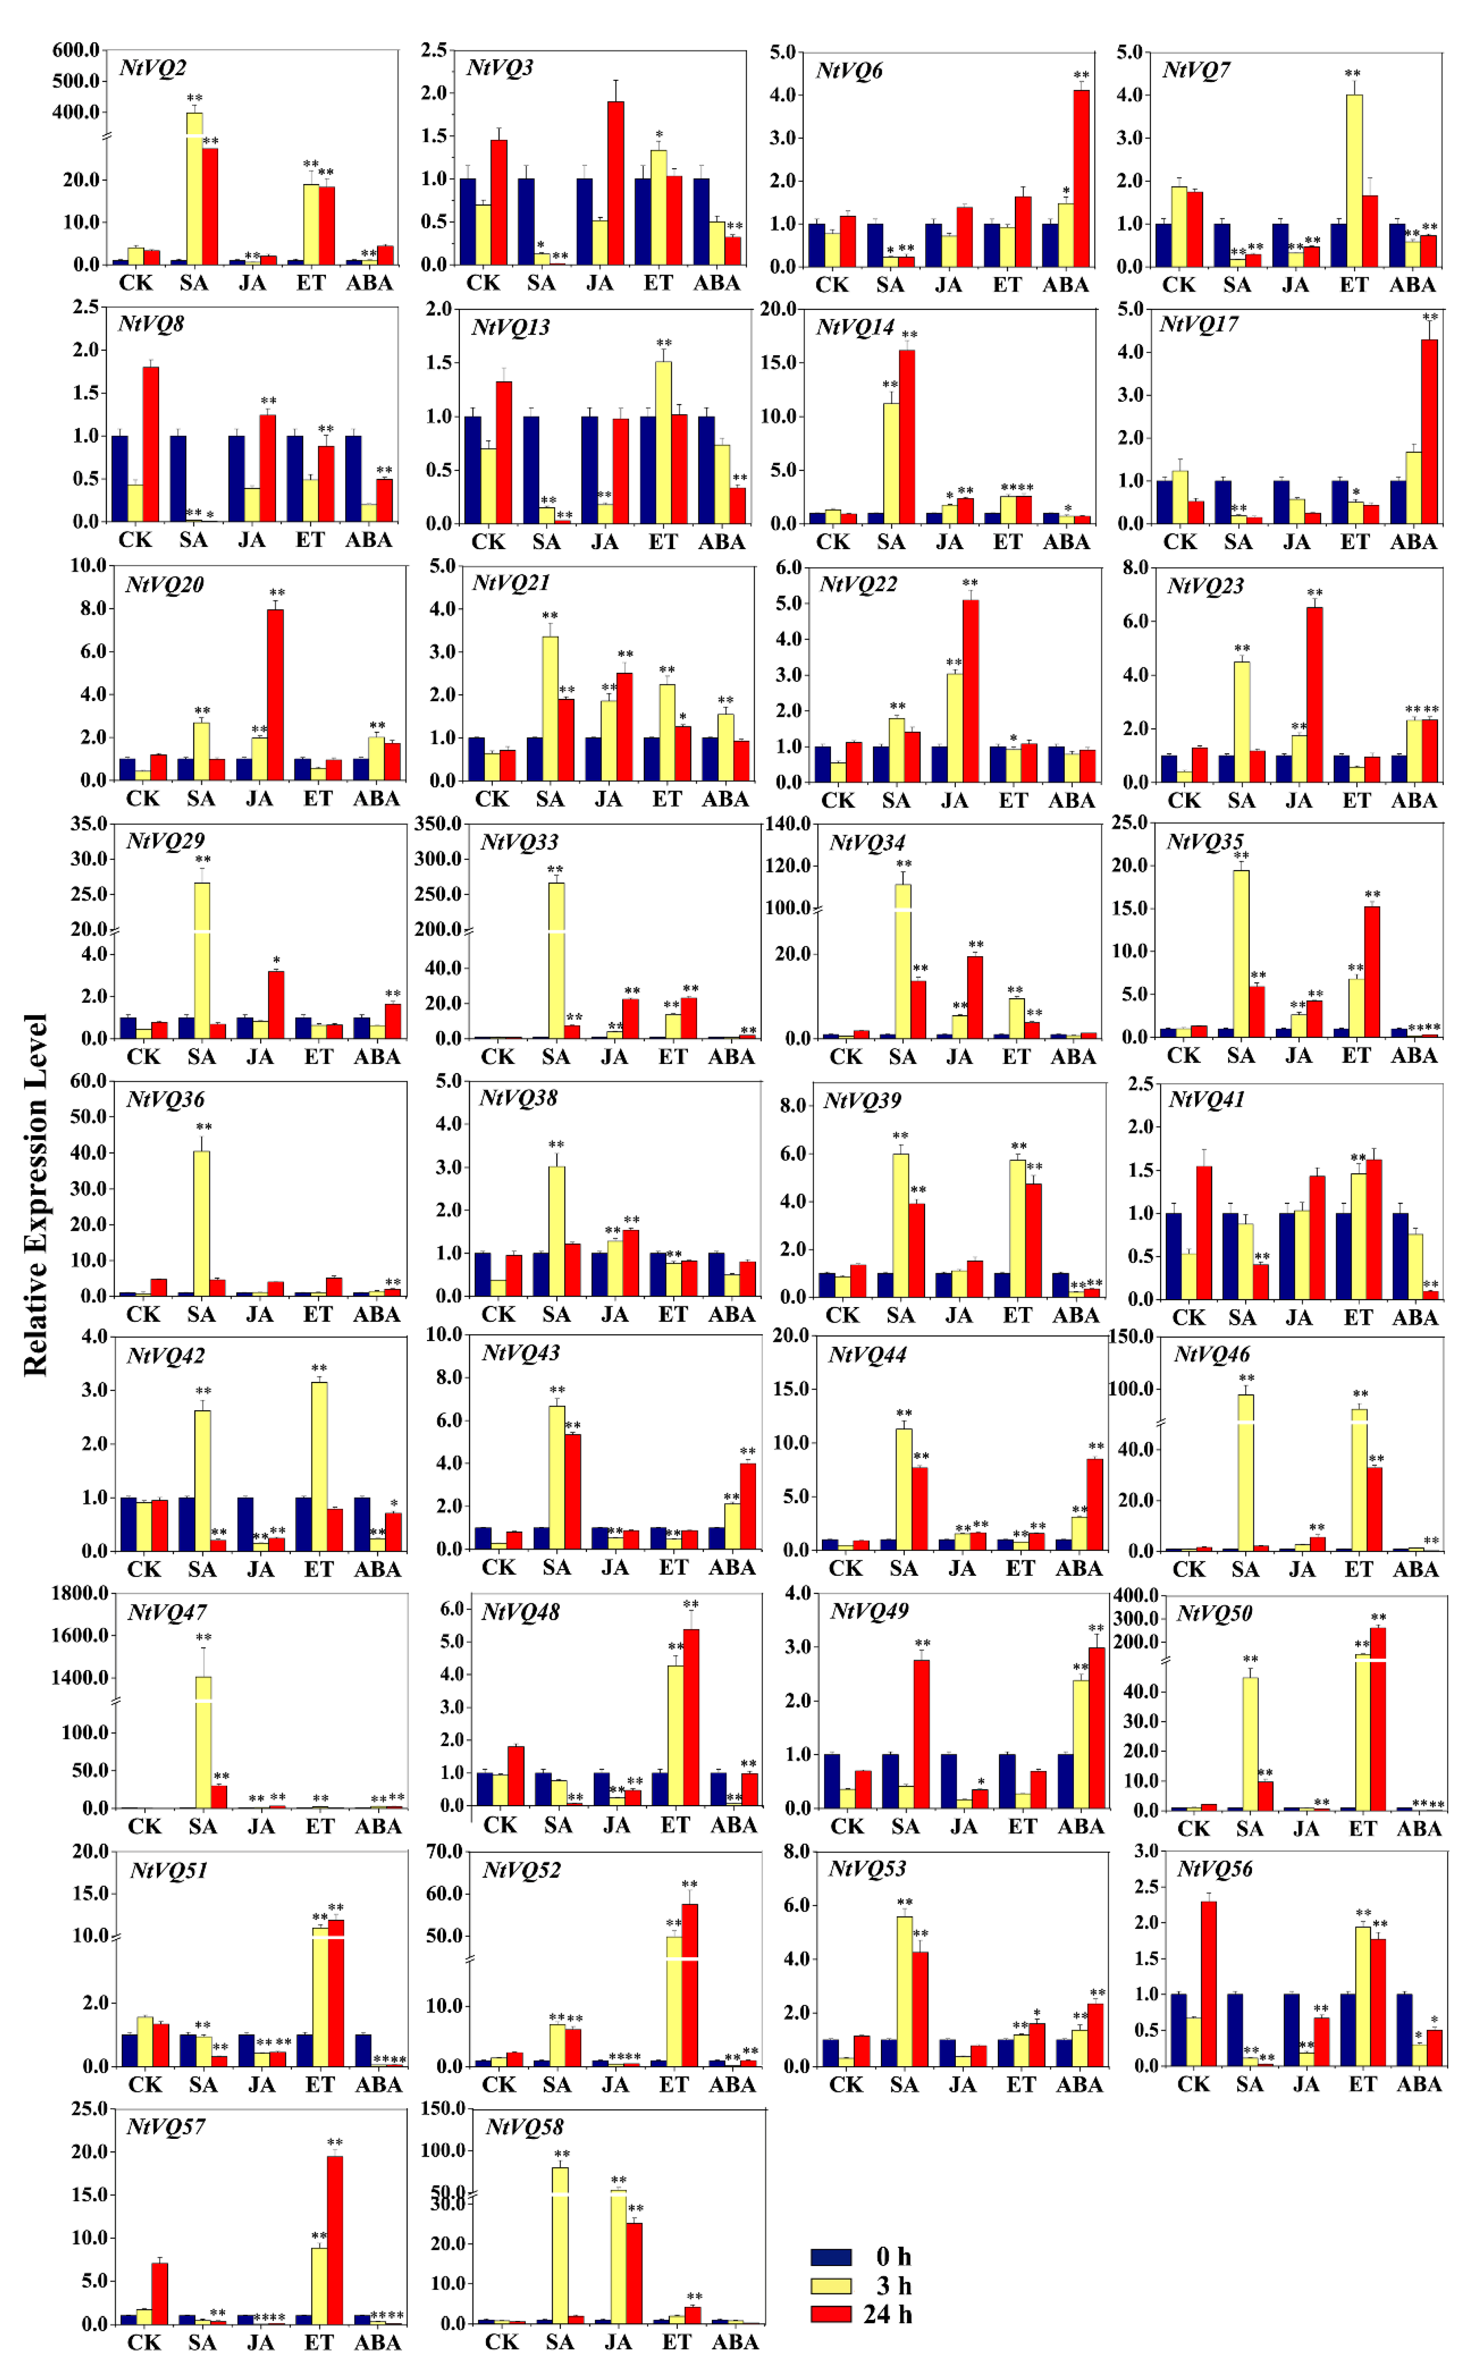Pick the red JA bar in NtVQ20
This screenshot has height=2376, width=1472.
[275, 694]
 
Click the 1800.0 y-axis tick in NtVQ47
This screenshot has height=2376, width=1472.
[80, 1593]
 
